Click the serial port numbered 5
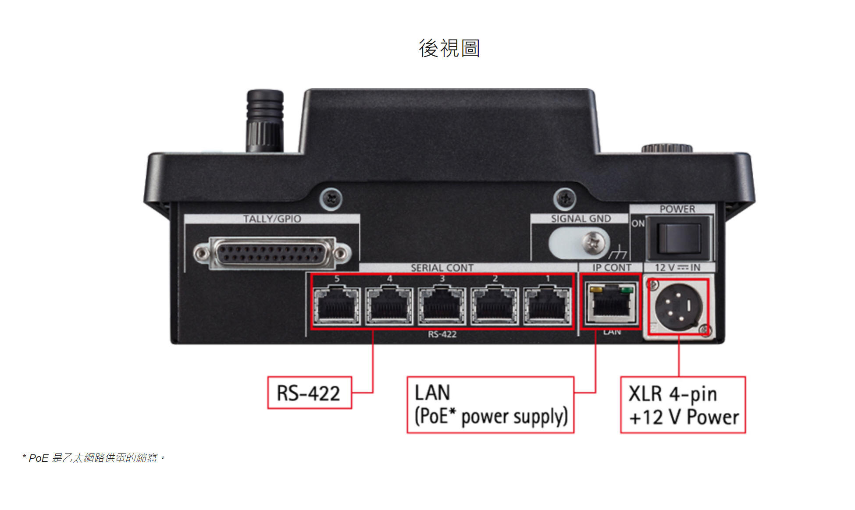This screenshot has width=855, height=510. (337, 305)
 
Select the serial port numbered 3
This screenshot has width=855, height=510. (442, 305)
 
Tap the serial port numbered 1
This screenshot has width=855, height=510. (547, 305)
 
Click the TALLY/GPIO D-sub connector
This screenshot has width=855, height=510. (272, 253)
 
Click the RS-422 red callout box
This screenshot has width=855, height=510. (309, 393)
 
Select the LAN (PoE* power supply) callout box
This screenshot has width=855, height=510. (490, 404)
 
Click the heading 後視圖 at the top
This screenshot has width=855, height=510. (449, 48)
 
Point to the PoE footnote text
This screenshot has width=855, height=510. (94, 458)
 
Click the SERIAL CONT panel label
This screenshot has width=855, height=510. (442, 268)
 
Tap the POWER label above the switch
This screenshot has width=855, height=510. (677, 209)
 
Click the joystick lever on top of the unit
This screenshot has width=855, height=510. (265, 120)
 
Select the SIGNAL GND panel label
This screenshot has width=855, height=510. (581, 219)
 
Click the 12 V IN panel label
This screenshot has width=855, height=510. (677, 268)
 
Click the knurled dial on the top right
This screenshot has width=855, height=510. (666, 148)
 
